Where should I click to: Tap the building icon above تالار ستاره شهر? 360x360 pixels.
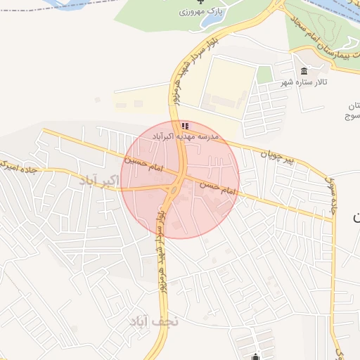pyautogui.click(x=304, y=72)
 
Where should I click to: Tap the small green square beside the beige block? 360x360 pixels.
pyautogui.click(x=264, y=74)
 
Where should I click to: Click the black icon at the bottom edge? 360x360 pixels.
pyautogui.click(x=257, y=356)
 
